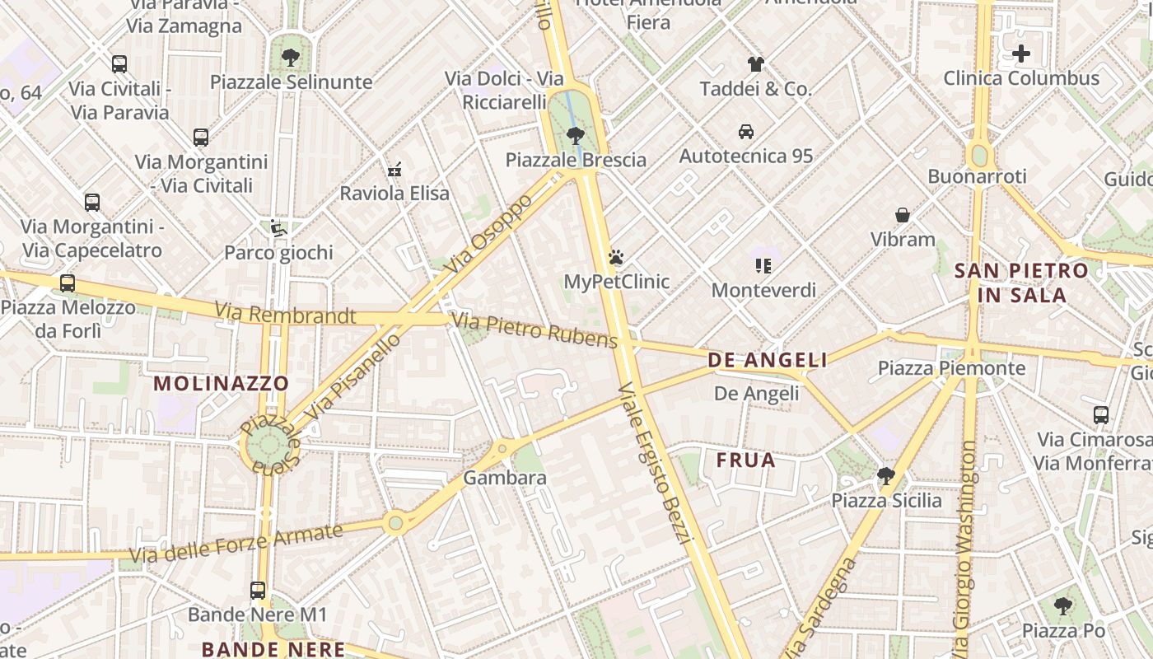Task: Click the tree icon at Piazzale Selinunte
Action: coord(290,58)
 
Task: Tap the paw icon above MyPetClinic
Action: coord(616,258)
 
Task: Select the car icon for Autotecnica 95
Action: coord(746,132)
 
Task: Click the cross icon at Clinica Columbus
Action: coord(1021,54)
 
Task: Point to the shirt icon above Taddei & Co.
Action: coord(756,64)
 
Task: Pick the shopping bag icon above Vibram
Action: coord(903,215)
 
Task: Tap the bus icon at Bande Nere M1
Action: coord(258,590)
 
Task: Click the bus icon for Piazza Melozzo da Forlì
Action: coord(68,283)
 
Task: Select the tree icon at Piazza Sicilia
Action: coord(886,476)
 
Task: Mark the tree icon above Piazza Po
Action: coord(1063,606)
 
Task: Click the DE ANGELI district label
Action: coord(768,360)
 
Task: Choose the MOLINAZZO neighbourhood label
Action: coord(221,383)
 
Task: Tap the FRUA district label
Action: coord(746,460)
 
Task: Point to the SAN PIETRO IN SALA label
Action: coord(1021,283)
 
